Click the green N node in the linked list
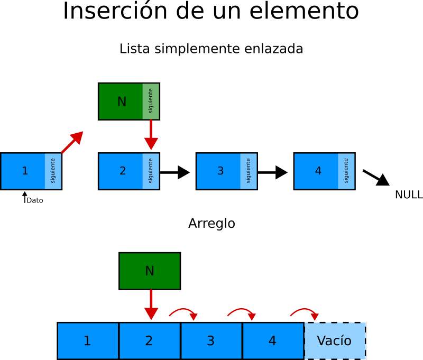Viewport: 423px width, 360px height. [x=121, y=101]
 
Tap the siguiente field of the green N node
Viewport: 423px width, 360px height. [x=151, y=101]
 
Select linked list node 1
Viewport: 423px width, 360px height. [x=23, y=171]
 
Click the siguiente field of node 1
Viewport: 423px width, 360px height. [x=53, y=171]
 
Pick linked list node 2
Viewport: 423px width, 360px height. [x=121, y=171]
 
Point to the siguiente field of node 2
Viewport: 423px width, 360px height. [x=151, y=171]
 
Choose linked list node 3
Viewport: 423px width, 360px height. [x=219, y=171]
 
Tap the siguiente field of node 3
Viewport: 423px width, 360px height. [x=249, y=171]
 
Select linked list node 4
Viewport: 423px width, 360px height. [x=317, y=171]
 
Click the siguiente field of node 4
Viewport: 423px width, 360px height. [x=346, y=171]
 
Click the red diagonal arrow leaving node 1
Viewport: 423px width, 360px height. [x=72, y=143]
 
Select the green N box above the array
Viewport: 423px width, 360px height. [x=150, y=271]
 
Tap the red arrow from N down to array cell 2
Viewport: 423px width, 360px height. [x=151, y=305]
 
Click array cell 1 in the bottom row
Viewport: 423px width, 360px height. [x=88, y=341]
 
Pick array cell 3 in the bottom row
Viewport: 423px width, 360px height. [x=211, y=341]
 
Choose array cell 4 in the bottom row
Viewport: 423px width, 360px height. [x=273, y=341]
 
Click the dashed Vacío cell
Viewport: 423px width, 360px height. [x=335, y=341]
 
